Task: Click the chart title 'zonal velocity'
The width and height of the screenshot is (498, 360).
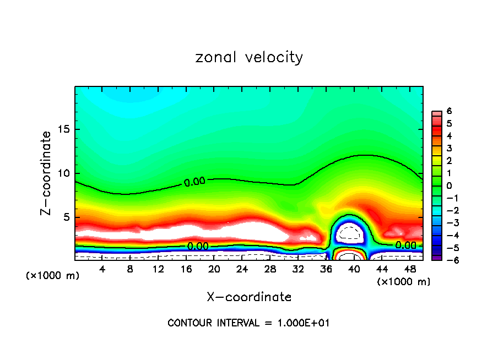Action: (x=249, y=57)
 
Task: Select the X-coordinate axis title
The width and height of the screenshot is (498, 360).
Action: (x=249, y=297)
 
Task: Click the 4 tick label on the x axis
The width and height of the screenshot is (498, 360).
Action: (x=102, y=269)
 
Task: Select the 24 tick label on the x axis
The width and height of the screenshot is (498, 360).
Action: (x=242, y=269)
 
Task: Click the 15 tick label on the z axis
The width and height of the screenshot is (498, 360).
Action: (x=63, y=130)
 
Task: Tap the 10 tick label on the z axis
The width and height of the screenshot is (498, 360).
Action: (x=63, y=173)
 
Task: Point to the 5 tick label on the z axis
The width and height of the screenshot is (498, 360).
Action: (x=66, y=217)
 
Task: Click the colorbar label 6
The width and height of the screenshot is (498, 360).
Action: (x=450, y=111)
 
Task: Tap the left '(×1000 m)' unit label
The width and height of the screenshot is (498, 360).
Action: (x=53, y=276)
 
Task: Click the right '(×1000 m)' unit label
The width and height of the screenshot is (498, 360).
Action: (x=404, y=282)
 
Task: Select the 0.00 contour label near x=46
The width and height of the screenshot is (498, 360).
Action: (x=405, y=245)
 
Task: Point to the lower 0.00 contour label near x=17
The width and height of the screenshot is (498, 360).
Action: (x=198, y=246)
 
